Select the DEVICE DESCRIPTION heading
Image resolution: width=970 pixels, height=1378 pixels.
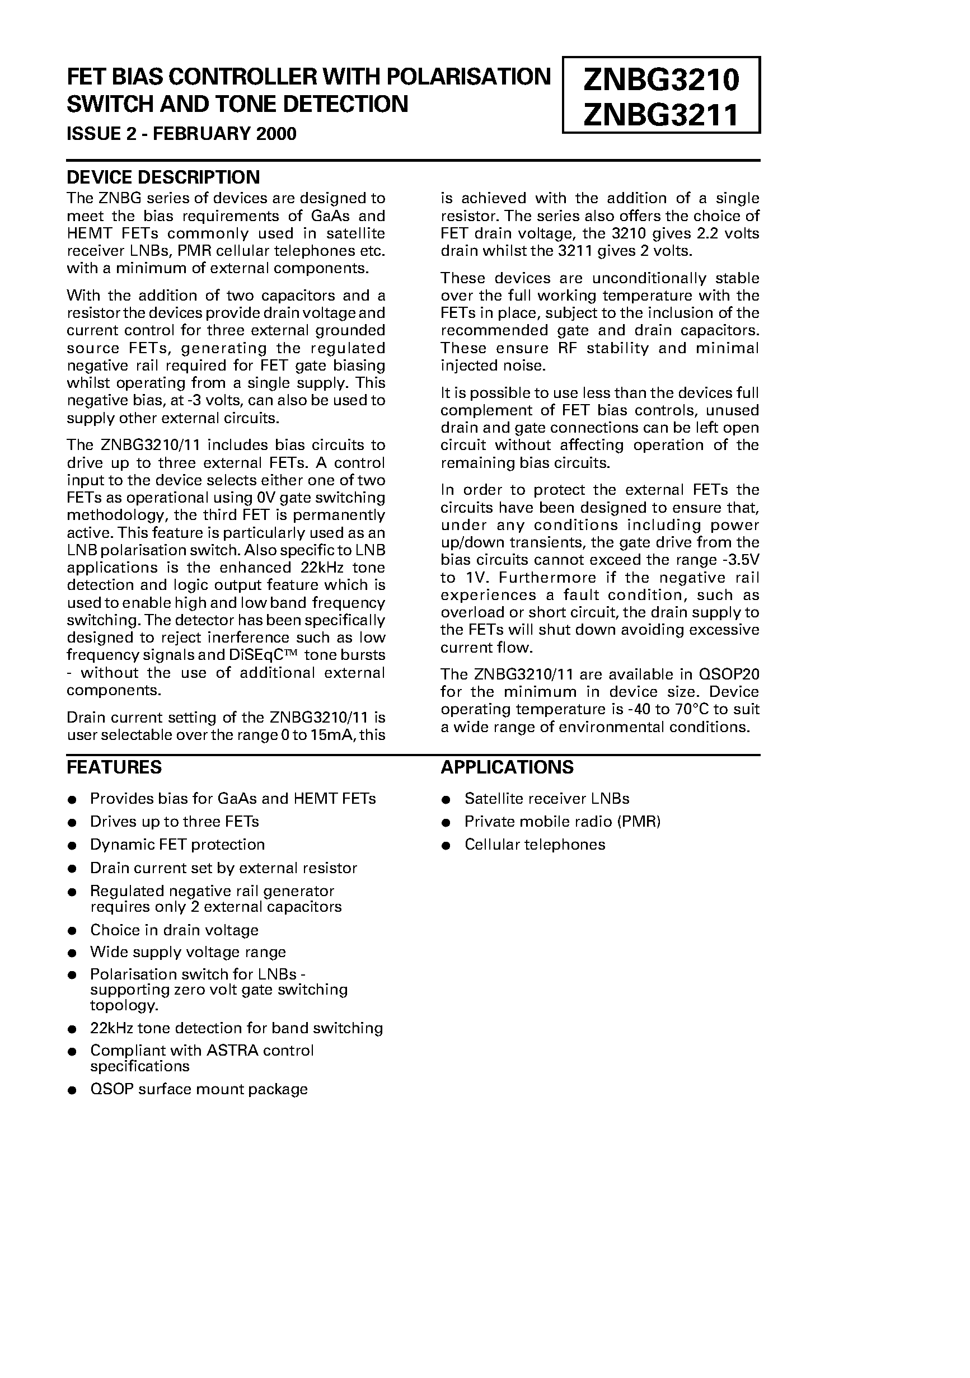point(163,177)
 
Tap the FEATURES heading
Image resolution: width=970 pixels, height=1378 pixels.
point(114,767)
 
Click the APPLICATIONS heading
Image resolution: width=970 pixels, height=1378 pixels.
point(507,767)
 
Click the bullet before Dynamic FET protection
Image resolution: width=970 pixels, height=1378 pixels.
point(72,846)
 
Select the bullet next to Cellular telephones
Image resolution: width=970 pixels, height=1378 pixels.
point(446,846)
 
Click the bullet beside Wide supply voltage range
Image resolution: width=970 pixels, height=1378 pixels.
point(72,953)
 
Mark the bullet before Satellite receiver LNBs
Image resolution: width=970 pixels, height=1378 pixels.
point(446,800)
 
